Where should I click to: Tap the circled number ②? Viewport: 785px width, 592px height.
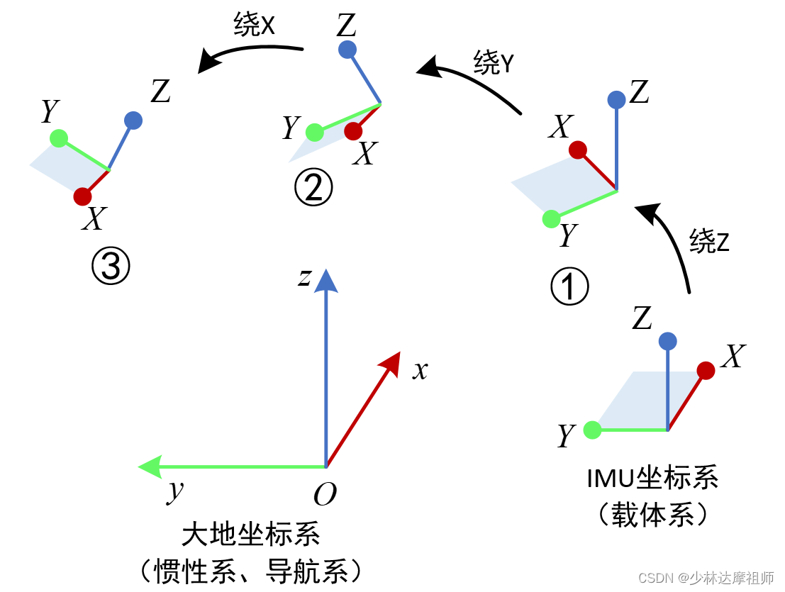313,189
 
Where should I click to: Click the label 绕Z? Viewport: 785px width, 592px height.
709,242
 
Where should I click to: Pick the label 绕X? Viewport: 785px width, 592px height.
254,26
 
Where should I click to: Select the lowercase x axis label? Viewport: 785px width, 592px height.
421,369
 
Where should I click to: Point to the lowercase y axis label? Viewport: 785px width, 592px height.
174,491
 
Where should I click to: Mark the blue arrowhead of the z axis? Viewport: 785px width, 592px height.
325,281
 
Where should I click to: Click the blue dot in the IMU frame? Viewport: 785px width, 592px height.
667,341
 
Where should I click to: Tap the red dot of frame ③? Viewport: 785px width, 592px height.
82,196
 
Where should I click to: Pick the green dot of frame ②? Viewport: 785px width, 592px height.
314,132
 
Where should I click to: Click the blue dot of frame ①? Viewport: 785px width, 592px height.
616,99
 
